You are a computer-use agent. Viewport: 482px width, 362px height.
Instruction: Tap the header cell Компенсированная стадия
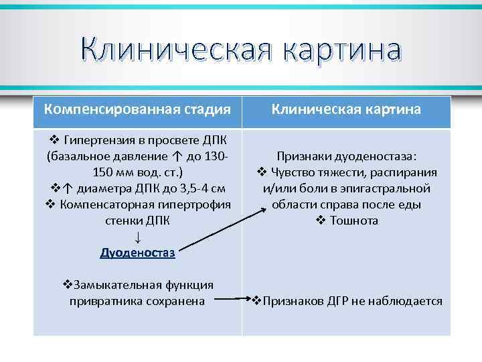coord(138,109)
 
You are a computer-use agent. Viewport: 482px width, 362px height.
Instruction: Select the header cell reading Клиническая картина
coord(346,109)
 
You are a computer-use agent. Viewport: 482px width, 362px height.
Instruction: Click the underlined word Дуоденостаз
coord(137,253)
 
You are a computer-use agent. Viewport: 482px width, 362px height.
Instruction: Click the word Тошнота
coord(354,221)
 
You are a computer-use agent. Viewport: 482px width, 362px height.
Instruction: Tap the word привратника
coord(101,302)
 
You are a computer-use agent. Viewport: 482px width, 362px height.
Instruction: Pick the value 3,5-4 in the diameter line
coord(188,188)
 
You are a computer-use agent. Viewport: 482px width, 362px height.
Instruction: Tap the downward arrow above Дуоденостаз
coord(137,237)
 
